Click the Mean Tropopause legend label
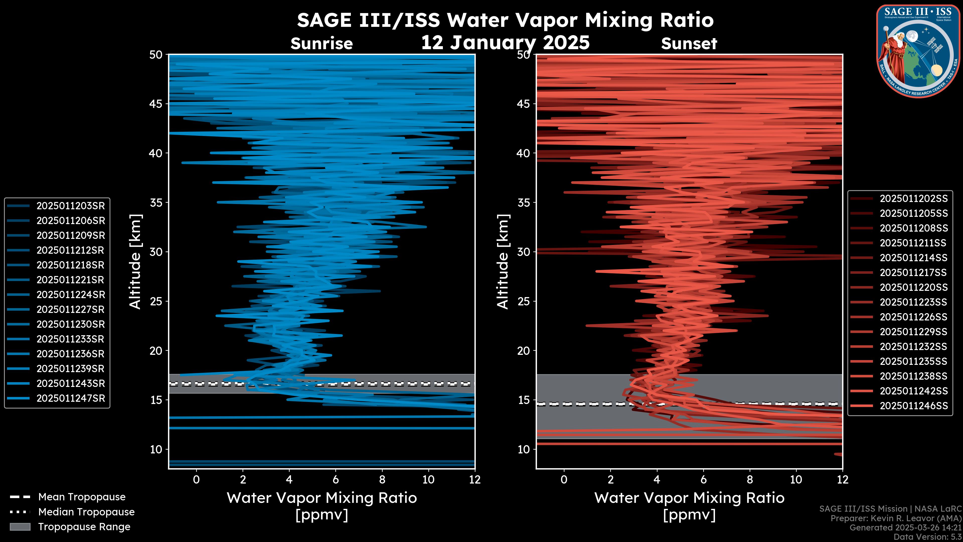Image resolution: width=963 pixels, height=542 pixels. [x=82, y=497]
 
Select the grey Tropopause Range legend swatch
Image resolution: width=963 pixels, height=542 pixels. [x=20, y=527]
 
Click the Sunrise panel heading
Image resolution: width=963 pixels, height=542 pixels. [x=322, y=44]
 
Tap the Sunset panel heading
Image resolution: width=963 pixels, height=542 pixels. [x=689, y=44]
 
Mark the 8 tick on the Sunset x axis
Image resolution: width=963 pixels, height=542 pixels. [x=750, y=480]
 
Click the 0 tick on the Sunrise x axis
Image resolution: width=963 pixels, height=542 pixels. [x=196, y=480]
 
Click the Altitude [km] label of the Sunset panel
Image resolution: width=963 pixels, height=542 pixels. [x=503, y=261]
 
